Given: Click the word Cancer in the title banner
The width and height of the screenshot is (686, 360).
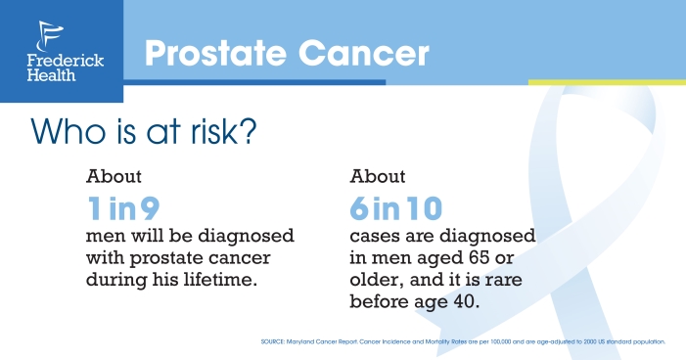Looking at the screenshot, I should click(x=371, y=53).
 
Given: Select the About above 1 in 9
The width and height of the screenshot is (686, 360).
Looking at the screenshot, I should click(x=114, y=177).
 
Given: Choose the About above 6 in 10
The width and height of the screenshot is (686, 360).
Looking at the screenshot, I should click(x=378, y=177).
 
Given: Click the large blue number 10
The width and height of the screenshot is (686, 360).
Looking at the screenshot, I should click(x=422, y=207).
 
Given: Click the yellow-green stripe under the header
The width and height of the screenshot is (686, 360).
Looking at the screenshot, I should click(x=606, y=82).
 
